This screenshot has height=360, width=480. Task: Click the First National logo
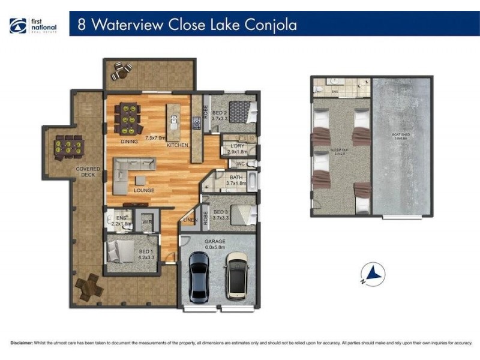click(34, 26)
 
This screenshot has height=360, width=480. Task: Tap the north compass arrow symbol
click(374, 274)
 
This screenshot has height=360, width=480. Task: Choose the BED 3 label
click(220, 212)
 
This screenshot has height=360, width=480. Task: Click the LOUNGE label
click(144, 191)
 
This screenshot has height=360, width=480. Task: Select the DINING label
click(129, 142)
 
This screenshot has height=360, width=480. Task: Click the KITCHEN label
click(178, 145)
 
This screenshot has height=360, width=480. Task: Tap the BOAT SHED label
click(401, 135)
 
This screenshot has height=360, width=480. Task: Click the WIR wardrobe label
click(146, 222)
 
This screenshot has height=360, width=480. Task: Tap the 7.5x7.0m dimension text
click(154, 137)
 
